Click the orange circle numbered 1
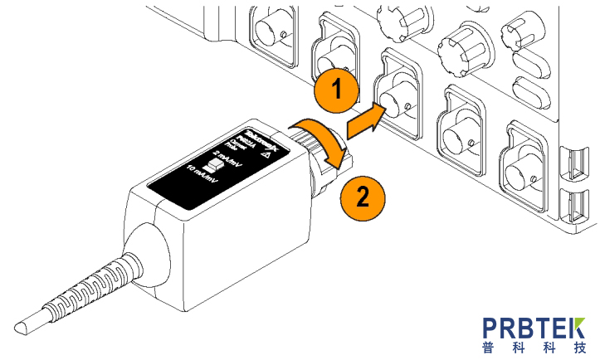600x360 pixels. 335,90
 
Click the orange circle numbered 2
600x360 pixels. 362,197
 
